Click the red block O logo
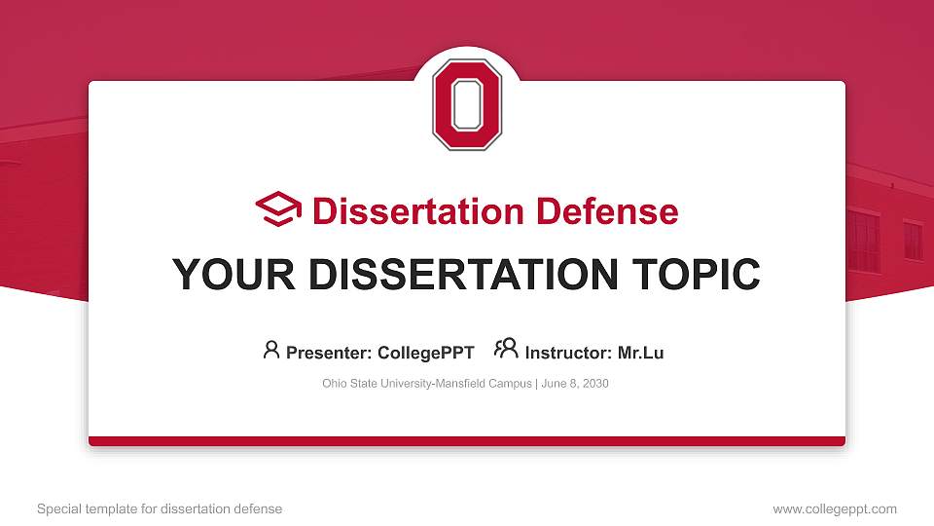(x=467, y=104)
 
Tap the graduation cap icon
(x=278, y=210)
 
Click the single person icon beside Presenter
(x=271, y=350)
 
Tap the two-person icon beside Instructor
(x=506, y=350)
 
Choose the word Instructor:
(x=568, y=353)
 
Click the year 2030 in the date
(x=594, y=384)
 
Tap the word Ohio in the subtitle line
(x=334, y=384)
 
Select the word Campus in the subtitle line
(x=508, y=384)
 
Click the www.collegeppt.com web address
(x=835, y=508)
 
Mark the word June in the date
(x=553, y=384)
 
